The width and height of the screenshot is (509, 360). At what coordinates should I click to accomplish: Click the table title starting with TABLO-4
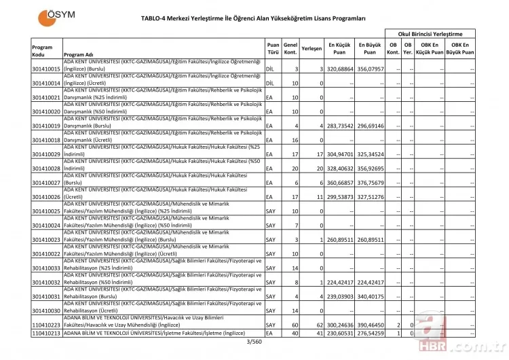(x=253, y=18)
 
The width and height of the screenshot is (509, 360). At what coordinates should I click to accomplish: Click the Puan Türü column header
(x=273, y=48)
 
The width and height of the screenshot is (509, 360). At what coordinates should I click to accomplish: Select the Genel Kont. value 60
(x=294, y=325)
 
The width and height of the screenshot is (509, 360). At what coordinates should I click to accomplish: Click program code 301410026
(x=46, y=197)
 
